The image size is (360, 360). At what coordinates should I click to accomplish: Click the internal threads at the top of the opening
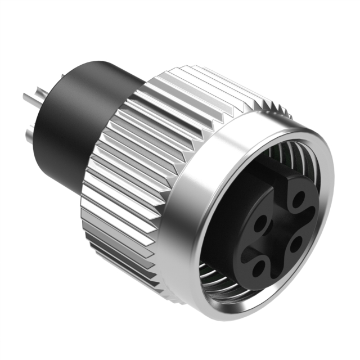point(292,152)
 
